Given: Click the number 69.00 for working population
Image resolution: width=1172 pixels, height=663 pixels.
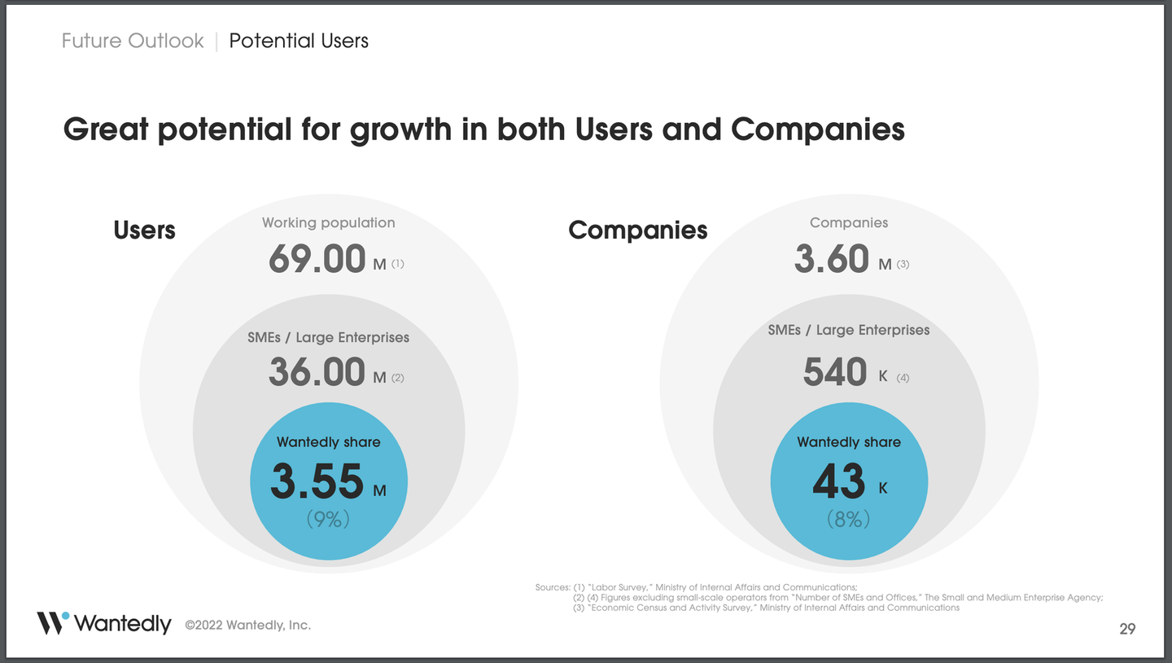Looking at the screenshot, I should [x=317, y=259].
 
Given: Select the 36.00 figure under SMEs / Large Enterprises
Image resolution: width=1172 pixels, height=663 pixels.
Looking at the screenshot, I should [x=317, y=373].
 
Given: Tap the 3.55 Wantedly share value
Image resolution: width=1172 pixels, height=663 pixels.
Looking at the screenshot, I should [x=317, y=481].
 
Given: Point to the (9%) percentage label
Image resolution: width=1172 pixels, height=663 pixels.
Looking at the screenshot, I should [x=328, y=519].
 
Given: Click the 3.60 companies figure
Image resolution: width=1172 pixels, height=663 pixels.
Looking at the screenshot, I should [x=832, y=259].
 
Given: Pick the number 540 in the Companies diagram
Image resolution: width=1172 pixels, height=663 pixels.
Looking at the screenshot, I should [x=835, y=373].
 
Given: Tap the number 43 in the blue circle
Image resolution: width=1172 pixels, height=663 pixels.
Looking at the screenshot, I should [x=839, y=481].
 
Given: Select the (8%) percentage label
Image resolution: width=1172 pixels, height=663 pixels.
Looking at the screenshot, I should [x=849, y=519].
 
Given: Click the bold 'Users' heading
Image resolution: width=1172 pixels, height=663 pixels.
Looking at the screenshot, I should [x=144, y=231].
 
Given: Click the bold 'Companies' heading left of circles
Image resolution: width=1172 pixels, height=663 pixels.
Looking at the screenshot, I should [x=637, y=231].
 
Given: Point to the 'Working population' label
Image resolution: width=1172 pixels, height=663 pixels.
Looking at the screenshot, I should [x=328, y=222].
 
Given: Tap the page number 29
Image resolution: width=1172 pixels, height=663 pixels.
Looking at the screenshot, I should [x=1127, y=628].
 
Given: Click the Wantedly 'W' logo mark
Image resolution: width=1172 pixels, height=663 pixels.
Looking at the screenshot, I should [x=52, y=622].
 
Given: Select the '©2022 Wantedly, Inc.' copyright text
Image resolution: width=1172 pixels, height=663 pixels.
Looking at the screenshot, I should [x=247, y=625].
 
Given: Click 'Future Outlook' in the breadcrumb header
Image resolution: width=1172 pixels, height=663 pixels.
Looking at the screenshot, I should [x=133, y=41].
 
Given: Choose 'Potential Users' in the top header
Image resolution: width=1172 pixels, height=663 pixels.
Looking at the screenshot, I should [x=299, y=41].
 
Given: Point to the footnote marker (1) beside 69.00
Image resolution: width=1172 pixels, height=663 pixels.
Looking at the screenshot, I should [x=397, y=264].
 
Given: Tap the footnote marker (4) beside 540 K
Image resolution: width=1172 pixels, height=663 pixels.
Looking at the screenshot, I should [x=903, y=378].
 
